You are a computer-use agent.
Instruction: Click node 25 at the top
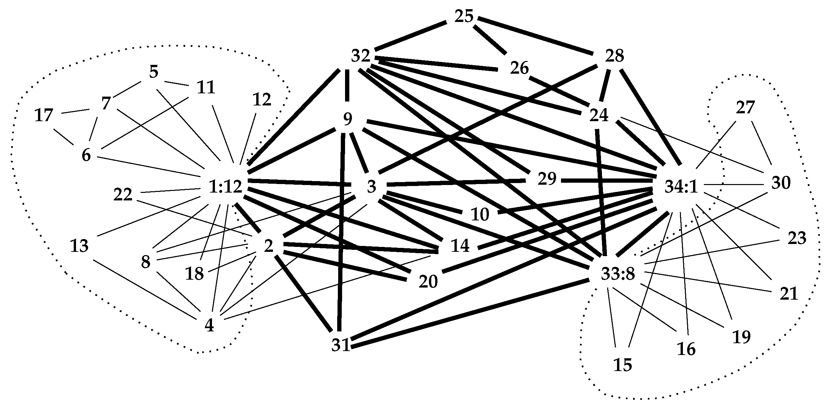pyautogui.click(x=464, y=16)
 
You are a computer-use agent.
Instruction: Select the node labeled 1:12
pyautogui.click(x=225, y=187)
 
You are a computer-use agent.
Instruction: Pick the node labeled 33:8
pyautogui.click(x=618, y=274)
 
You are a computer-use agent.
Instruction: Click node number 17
pyautogui.click(x=44, y=115)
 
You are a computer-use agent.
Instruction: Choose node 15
pyautogui.click(x=623, y=365)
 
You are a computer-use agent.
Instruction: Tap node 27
pyautogui.click(x=745, y=108)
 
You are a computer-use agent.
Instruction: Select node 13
pyautogui.click(x=80, y=246)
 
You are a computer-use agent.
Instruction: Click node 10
pyautogui.click(x=480, y=215)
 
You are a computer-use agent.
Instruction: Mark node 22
pyautogui.click(x=123, y=195)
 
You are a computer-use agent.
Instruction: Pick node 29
pyautogui.click(x=547, y=179)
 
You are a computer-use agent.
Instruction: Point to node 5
pyautogui.click(x=154, y=72)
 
